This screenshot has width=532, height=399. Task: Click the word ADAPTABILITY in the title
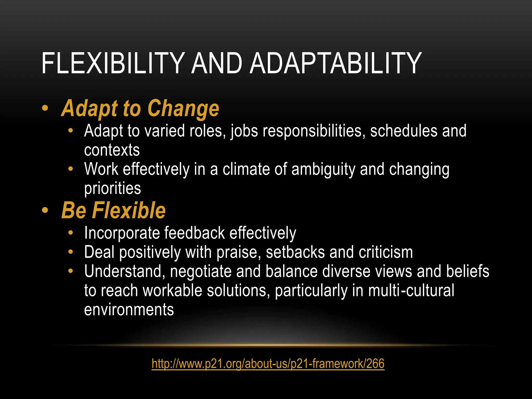pyautogui.click(x=335, y=63)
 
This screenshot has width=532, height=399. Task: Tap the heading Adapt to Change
pyautogui.click(x=140, y=108)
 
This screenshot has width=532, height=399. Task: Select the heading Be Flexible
pyautogui.click(x=113, y=210)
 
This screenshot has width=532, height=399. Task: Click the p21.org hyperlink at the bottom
pyautogui.click(x=268, y=363)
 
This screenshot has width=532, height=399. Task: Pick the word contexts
pyautogui.click(x=112, y=150)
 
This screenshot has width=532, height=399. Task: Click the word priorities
pyautogui.click(x=112, y=188)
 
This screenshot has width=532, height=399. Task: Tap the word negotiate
pyautogui.click(x=201, y=271)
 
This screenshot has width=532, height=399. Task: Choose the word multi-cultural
pyautogui.click(x=411, y=290)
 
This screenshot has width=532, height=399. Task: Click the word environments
pyautogui.click(x=129, y=310)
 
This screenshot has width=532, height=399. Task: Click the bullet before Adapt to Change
pyautogui.click(x=45, y=109)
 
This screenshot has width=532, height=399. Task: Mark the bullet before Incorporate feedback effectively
pyautogui.click(x=71, y=233)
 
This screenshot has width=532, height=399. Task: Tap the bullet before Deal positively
pyautogui.click(x=71, y=252)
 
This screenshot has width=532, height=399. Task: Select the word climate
pyautogui.click(x=246, y=169)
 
